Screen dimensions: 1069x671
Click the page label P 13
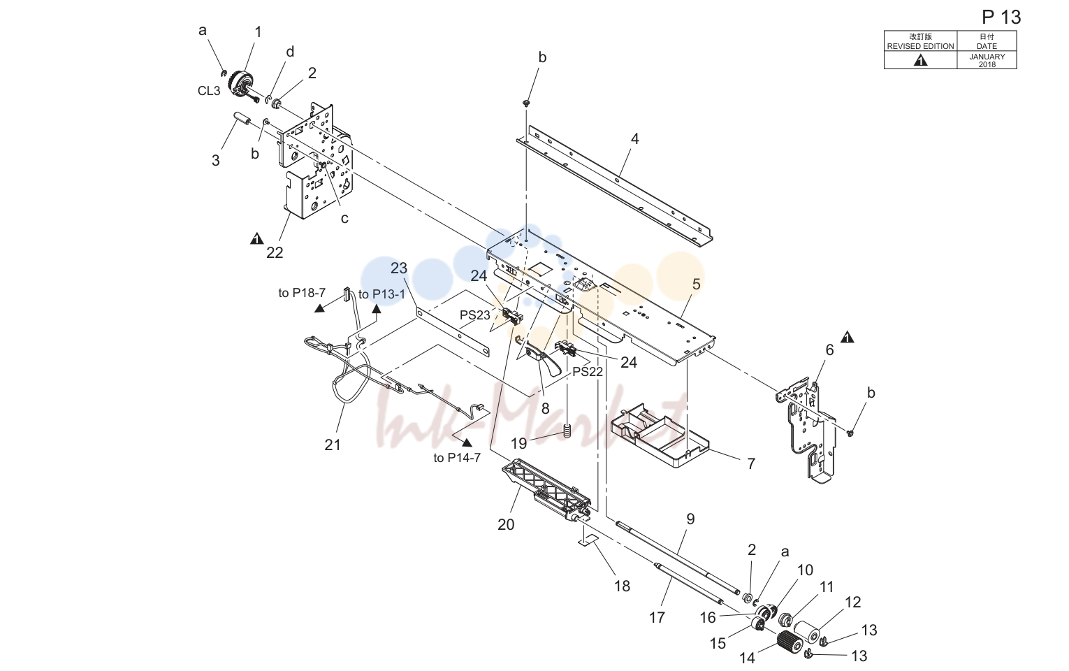(x=1001, y=17)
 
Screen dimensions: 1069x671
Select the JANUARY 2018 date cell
(x=987, y=60)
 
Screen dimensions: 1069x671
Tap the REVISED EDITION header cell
(x=920, y=41)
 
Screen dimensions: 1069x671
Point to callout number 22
(x=275, y=252)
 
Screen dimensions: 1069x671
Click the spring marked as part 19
(x=567, y=431)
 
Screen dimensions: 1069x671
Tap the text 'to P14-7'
(x=457, y=458)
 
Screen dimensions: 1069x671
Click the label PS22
(x=588, y=371)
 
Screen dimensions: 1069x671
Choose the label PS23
(x=475, y=315)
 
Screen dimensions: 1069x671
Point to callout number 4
(x=634, y=139)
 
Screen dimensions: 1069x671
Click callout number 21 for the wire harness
(x=333, y=445)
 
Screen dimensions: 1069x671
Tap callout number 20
(x=506, y=524)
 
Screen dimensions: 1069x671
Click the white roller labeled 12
(x=810, y=631)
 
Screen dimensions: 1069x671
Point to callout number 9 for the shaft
(x=690, y=519)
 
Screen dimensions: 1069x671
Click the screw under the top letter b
(x=526, y=103)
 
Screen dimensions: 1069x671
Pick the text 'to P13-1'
(x=381, y=294)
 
